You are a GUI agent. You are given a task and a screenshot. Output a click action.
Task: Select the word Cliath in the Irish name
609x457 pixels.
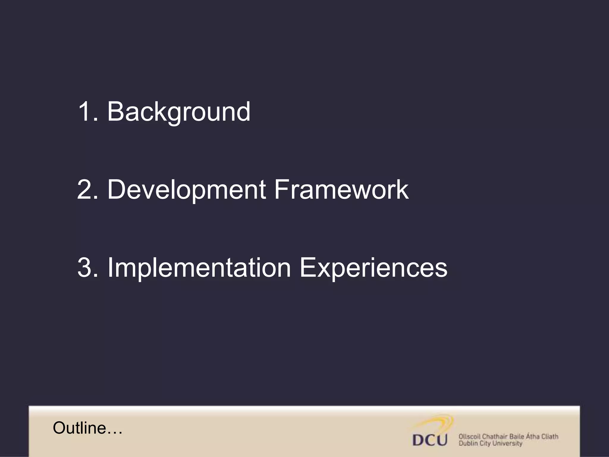point(549,437)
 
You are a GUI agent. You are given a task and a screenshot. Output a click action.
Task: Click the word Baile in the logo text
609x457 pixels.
point(516,437)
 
